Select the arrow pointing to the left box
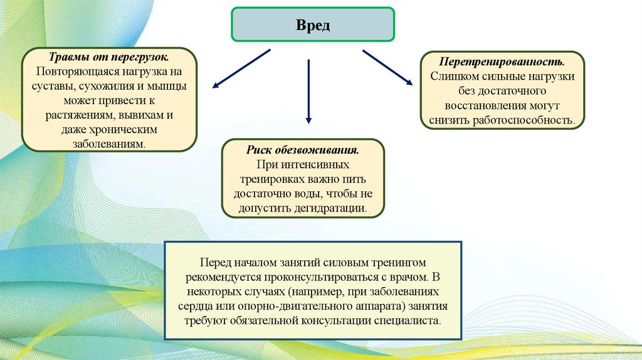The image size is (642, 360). pos(241,68)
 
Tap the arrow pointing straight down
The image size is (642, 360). pos(308,91)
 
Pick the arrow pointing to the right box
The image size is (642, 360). pos(387,67)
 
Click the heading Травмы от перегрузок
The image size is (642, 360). pos(110,58)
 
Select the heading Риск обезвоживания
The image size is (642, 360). pos(303,152)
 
